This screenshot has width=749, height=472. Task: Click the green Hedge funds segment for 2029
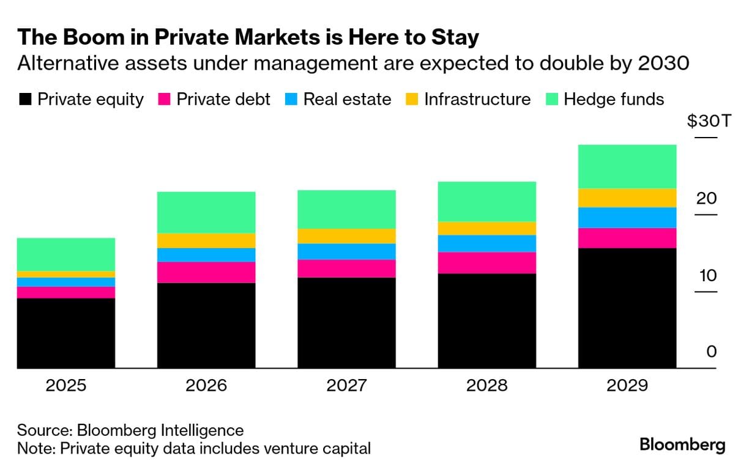[627, 166]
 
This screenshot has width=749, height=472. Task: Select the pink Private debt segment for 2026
[206, 272]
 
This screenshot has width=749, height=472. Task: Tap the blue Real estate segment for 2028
[487, 243]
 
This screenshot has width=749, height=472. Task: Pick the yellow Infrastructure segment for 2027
[346, 236]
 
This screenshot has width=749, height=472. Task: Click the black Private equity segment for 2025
[66, 333]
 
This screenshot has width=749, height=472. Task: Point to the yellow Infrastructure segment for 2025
[66, 274]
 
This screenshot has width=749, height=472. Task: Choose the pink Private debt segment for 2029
[627, 238]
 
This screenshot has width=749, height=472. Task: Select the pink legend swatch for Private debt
[163, 100]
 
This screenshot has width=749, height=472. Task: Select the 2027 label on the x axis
[346, 386]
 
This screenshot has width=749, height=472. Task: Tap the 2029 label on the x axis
[627, 386]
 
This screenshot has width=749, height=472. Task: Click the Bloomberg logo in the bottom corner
[682, 445]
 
